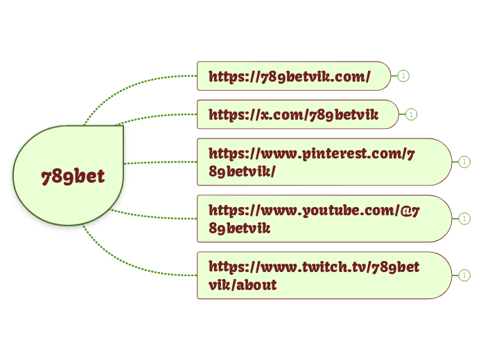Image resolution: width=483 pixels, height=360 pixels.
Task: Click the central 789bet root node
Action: point(68,175)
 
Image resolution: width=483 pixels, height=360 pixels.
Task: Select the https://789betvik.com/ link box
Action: point(294,76)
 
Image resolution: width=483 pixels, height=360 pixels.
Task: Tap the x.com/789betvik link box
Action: point(298,114)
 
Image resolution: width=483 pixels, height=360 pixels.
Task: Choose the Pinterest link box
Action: point(324,162)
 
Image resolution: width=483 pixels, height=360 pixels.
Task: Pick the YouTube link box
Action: point(324,219)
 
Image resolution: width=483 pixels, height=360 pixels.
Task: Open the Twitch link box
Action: point(324,276)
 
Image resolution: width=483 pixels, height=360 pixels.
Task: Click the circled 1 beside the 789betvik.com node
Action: point(403,76)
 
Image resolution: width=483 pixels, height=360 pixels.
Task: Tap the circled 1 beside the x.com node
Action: point(411,114)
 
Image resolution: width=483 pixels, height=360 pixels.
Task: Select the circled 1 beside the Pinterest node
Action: point(464,162)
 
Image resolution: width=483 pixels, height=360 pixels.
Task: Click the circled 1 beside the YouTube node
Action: point(464,219)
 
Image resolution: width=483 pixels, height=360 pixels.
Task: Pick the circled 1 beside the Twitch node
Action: point(464,276)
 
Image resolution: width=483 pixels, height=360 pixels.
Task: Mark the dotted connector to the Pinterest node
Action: point(161,163)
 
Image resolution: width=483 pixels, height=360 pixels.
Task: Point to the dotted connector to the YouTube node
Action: point(154,216)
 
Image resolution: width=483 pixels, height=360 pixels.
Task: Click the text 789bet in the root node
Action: point(73,177)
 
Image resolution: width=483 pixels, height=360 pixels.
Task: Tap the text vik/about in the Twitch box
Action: point(243,285)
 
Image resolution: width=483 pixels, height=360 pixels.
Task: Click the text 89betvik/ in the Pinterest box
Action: point(242,172)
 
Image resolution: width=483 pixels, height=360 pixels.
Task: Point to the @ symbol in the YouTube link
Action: point(405,210)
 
